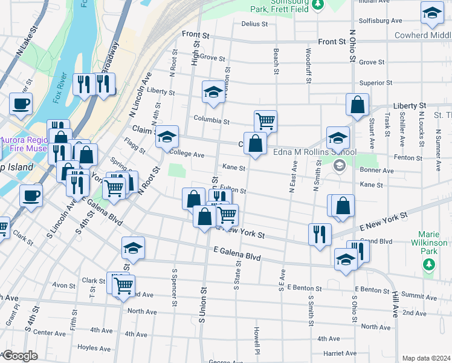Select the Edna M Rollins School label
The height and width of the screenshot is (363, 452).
[x=314, y=152]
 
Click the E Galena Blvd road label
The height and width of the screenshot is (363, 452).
[x=237, y=253]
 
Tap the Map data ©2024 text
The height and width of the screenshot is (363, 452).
[x=425, y=358]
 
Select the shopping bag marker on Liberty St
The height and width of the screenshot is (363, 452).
[x=357, y=104]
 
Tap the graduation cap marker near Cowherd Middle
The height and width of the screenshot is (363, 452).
[x=432, y=13]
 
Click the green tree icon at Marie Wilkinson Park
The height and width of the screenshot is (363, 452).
[x=429, y=264]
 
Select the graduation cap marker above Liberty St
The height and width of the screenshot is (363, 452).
[x=213, y=91]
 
